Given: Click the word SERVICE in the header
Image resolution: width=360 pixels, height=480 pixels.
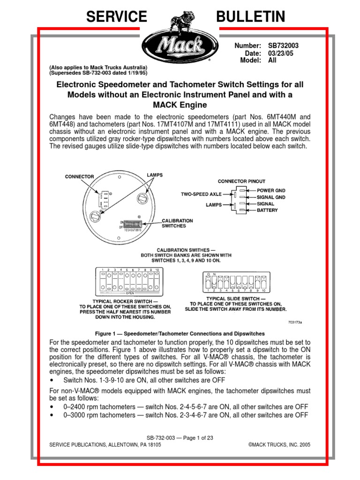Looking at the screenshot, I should coord(117,17).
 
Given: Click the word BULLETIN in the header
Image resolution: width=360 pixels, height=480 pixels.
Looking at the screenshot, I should coord(250,17).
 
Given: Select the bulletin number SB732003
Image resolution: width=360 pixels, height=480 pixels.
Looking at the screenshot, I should coord(283,46).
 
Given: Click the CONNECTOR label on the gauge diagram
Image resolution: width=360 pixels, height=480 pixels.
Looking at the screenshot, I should coord(79,177).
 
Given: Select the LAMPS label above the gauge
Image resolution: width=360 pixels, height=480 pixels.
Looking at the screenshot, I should coord(154,175).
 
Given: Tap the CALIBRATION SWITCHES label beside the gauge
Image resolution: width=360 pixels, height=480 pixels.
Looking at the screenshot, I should coord(177,223).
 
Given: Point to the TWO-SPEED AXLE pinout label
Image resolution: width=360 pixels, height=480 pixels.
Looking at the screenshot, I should coord(201,193).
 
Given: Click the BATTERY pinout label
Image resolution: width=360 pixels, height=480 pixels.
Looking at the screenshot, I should coord(267,210).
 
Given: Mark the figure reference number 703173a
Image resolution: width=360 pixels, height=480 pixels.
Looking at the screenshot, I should coord(294,322).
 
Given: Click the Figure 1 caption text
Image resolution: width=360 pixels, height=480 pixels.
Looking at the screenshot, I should coord(180,333).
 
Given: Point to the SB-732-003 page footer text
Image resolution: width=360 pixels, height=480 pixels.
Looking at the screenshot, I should coord(180,437).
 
